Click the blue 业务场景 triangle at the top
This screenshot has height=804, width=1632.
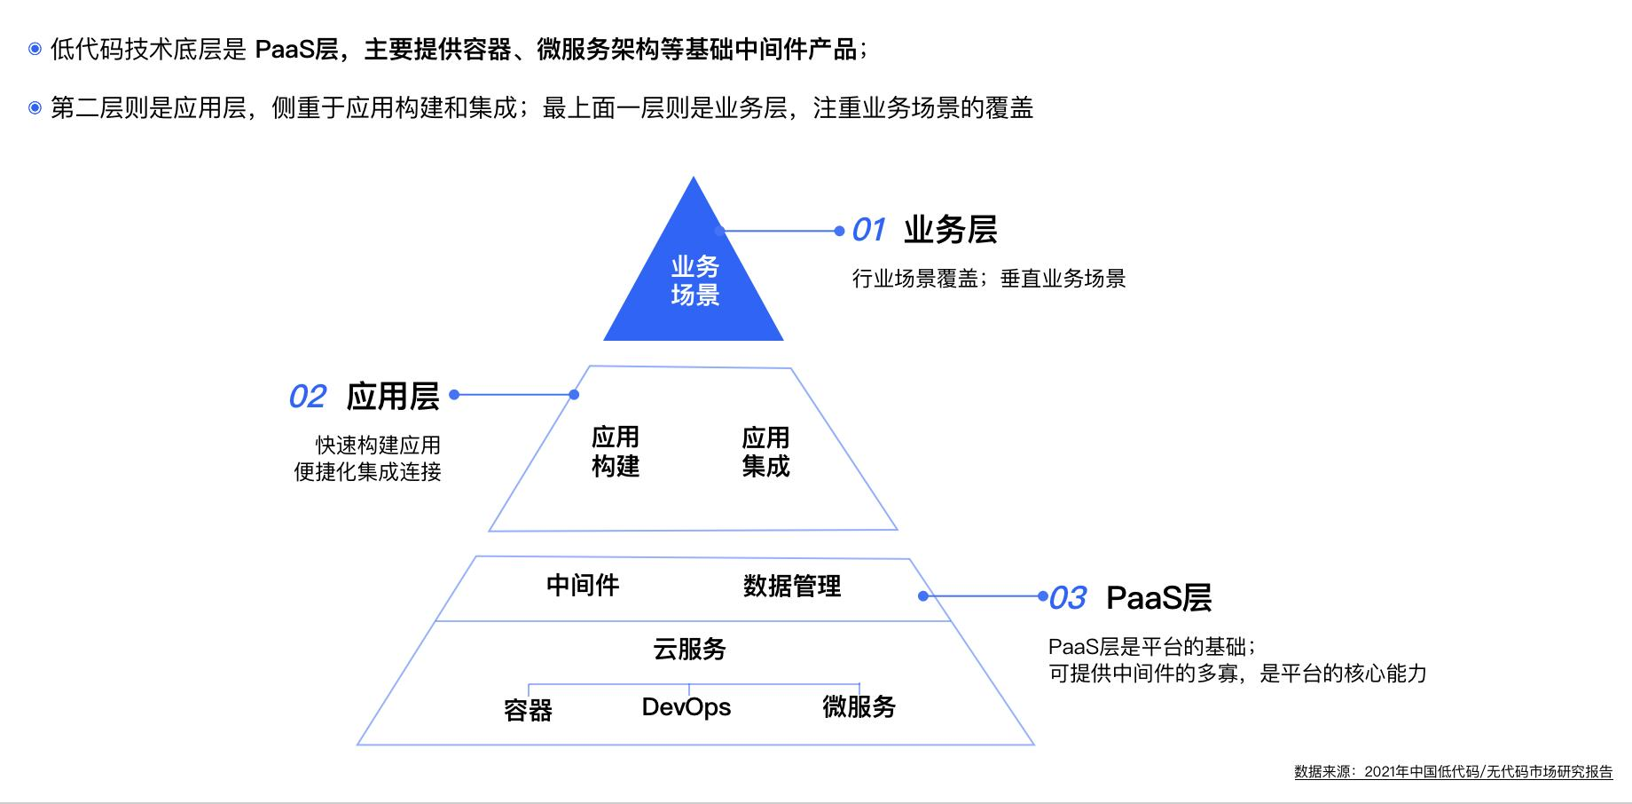694,284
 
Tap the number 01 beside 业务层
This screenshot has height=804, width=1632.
868,231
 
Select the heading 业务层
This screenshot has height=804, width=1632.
951,230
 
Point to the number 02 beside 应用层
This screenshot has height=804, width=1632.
308,397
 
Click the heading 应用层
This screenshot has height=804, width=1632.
393,396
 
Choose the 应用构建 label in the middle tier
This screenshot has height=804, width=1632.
616,452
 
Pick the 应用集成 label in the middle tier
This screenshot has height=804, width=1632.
765,452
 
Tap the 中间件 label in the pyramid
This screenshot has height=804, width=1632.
583,585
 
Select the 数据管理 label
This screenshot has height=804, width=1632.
792,586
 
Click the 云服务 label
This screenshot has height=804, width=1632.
689,649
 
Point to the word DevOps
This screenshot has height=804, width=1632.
687,707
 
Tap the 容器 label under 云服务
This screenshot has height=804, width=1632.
528,710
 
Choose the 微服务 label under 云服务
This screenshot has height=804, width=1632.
859,707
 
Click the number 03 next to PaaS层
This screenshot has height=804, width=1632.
1068,598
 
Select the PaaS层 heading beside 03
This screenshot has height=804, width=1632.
1159,598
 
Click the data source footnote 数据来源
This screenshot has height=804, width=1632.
1454,772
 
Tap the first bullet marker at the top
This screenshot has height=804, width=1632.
35,49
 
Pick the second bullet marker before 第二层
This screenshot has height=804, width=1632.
35,108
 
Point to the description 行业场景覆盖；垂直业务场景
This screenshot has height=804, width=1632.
989,279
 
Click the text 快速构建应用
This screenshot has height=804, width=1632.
378,445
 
